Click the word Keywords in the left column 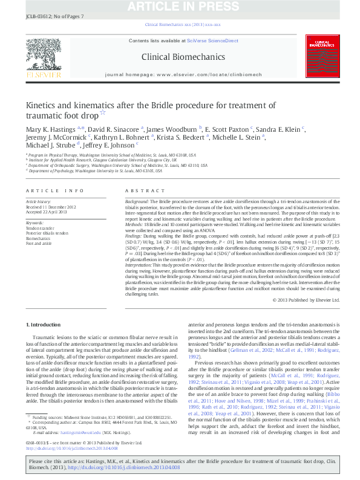pos(34,222)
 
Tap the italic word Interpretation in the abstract pos(141,265)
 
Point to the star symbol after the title pos(102,112)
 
